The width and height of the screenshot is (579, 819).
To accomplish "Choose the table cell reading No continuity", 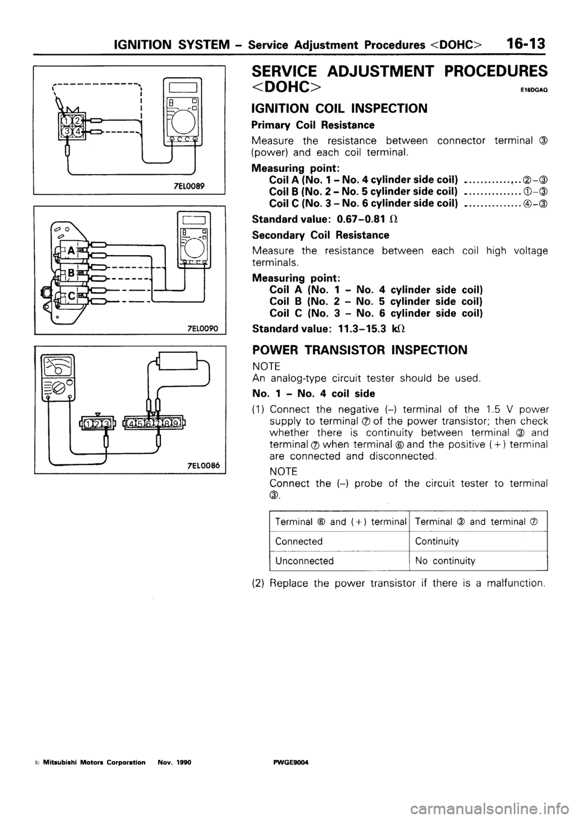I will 445,560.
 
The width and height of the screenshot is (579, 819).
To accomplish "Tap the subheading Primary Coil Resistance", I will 316,125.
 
